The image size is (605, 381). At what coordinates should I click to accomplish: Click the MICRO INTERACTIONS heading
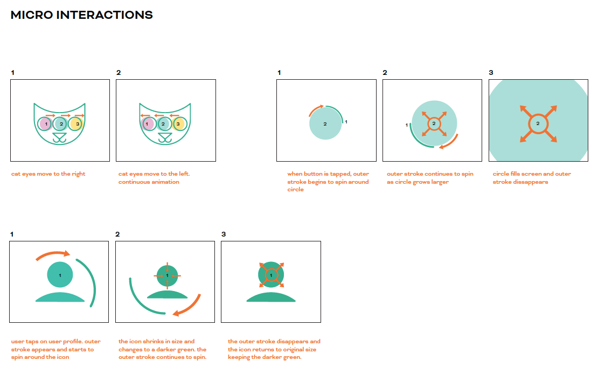[82, 15]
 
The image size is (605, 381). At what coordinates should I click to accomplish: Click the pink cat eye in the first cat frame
[46, 124]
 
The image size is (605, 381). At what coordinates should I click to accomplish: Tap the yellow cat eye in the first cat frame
[77, 124]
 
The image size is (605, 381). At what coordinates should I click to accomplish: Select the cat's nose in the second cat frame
[165, 136]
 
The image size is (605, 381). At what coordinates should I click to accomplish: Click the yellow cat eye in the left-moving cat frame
[178, 124]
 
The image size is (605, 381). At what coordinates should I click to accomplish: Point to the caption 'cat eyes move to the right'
[48, 174]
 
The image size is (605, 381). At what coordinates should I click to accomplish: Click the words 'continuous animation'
[149, 182]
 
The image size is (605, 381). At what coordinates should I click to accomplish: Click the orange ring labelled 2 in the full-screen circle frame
[538, 123]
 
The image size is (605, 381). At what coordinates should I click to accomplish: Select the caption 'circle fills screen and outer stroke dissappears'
[532, 178]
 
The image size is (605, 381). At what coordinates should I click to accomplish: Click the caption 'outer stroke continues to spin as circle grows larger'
[430, 178]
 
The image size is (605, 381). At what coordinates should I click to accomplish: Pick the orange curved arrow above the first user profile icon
[53, 255]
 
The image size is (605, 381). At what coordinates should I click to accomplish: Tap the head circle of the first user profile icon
[60, 274]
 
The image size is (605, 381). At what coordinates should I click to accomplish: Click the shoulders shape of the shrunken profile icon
[167, 295]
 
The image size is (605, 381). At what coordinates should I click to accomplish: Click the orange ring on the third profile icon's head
[271, 275]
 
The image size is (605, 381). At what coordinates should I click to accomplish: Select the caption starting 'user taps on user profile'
[55, 349]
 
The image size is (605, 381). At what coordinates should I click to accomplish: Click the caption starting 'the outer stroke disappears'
[274, 349]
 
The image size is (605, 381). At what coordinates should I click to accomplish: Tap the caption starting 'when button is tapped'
[328, 182]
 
